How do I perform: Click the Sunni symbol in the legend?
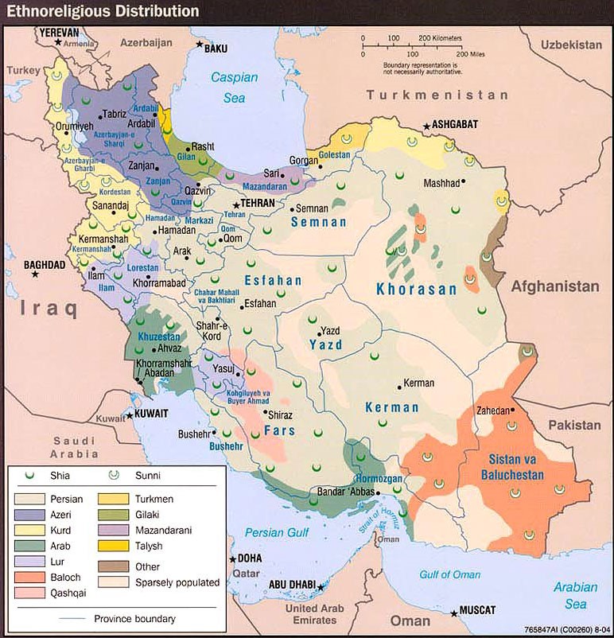(x=114, y=475)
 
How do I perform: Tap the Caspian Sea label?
(x=234, y=88)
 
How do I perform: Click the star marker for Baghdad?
(x=35, y=274)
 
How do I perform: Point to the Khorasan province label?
(x=417, y=290)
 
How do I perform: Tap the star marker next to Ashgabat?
(x=427, y=126)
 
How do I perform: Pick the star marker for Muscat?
(x=453, y=612)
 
